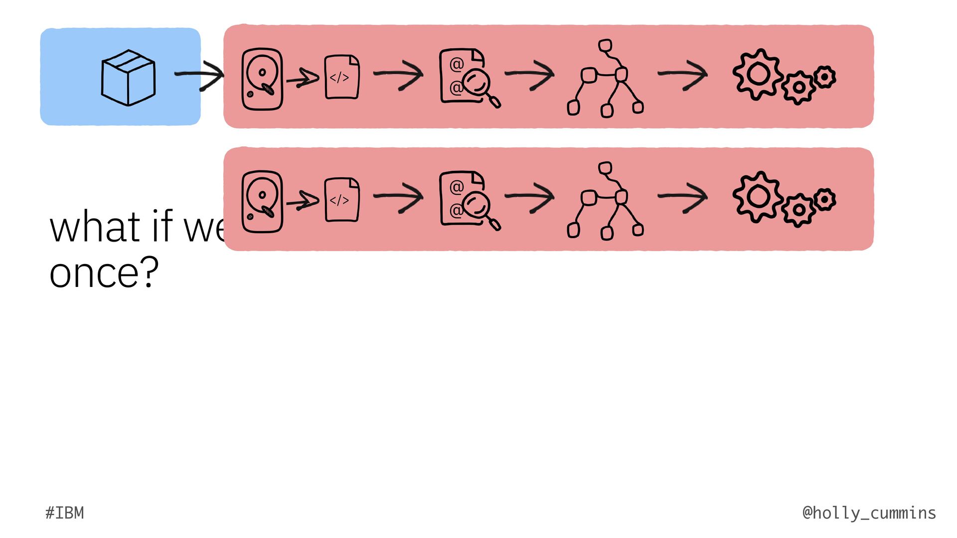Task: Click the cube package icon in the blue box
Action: [128, 78]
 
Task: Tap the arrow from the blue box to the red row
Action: [199, 75]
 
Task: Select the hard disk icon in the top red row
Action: [262, 79]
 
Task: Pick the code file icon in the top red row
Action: [341, 77]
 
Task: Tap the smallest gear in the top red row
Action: [825, 77]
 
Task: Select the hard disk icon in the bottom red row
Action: [262, 201]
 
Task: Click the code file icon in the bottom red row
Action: [341, 200]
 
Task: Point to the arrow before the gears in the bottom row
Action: [683, 197]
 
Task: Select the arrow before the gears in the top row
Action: [683, 74]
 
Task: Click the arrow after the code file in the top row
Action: [398, 75]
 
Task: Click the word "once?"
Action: [104, 273]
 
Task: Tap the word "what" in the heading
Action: [95, 227]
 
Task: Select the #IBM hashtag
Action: [65, 513]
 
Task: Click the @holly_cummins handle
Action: [869, 513]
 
